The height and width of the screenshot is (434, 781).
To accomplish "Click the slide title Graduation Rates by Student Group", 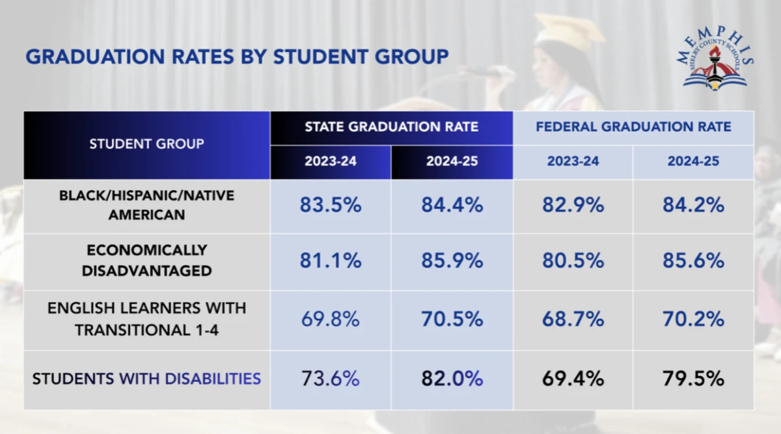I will (x=237, y=57).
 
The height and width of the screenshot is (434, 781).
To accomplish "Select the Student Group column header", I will (x=146, y=144).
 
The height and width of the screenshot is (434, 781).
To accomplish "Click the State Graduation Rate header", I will (x=391, y=127).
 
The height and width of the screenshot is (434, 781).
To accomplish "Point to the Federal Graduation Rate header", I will (x=633, y=127).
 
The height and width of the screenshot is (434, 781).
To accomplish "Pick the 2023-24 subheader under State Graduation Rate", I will (x=331, y=161).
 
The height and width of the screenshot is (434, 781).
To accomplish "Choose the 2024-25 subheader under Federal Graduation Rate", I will (x=693, y=161).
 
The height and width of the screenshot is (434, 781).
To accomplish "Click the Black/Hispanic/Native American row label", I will (x=146, y=205).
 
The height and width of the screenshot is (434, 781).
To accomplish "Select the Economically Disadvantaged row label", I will (x=146, y=260).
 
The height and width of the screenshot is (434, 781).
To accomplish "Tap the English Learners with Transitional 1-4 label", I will (x=146, y=319).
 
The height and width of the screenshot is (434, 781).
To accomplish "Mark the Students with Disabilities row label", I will (x=146, y=379).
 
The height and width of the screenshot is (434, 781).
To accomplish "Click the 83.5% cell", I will (x=331, y=205).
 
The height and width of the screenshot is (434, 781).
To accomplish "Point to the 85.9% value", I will (x=452, y=261).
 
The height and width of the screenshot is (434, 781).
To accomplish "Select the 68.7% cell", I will (x=573, y=319).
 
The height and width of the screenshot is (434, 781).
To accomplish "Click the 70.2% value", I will (x=693, y=319).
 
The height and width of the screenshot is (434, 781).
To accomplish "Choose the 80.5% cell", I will (x=573, y=261).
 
